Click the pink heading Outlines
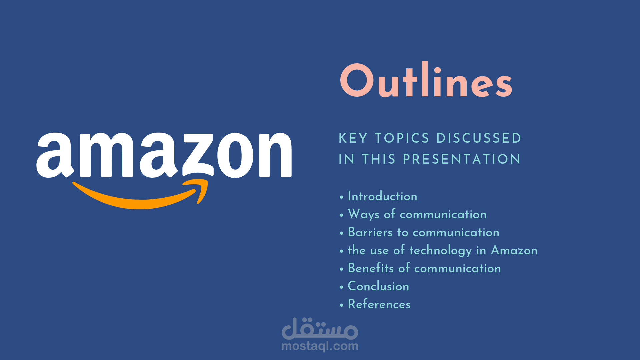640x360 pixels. coord(426,80)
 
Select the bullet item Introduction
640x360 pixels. coord(382,196)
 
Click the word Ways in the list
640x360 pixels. coord(364,214)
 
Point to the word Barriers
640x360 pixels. coord(370,232)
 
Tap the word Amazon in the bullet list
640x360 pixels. coord(514,250)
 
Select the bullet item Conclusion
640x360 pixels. coord(378,286)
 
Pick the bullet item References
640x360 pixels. coord(379,304)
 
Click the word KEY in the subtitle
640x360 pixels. coord(353,138)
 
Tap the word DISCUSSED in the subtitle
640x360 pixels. coord(479,138)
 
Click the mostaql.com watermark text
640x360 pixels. coord(320,346)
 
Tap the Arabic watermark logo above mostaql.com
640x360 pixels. coord(320,329)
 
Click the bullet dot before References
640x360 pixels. coord(341,305)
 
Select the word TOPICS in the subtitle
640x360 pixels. coord(402,138)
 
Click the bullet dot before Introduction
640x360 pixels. coord(341,197)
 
